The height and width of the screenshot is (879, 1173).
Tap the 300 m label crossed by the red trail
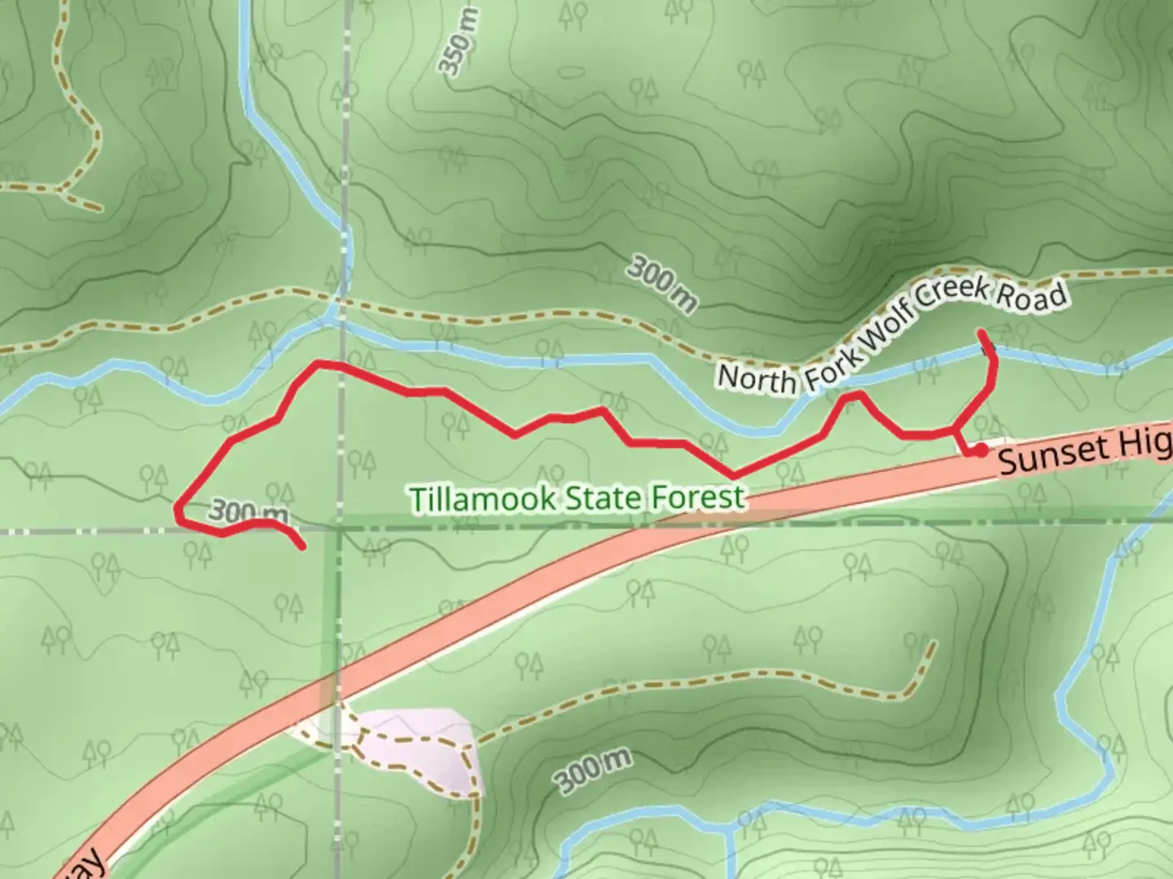248,513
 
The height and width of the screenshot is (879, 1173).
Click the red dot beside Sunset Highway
982,449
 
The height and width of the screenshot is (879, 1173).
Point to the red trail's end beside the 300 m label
302,547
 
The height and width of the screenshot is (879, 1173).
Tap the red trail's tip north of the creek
981,332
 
